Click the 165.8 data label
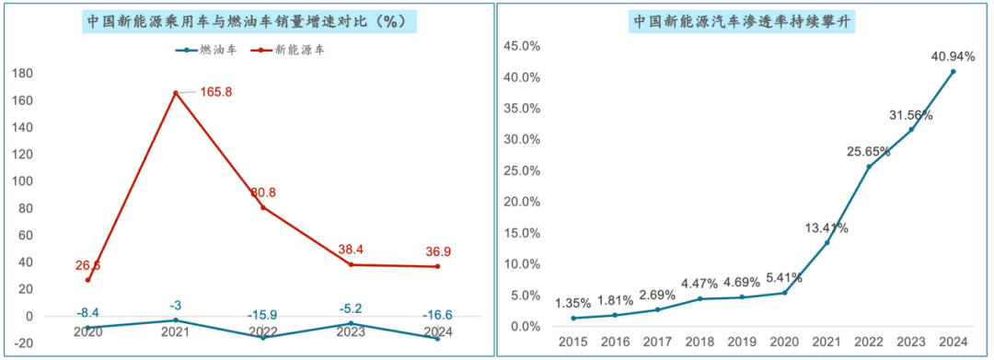(x=215, y=91)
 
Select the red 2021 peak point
(x=176, y=93)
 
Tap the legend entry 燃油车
(x=206, y=50)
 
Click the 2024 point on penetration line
(x=953, y=71)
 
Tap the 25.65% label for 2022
(x=868, y=151)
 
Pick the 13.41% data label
(x=826, y=227)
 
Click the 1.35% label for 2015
(x=573, y=302)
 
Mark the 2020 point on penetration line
(x=784, y=293)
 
